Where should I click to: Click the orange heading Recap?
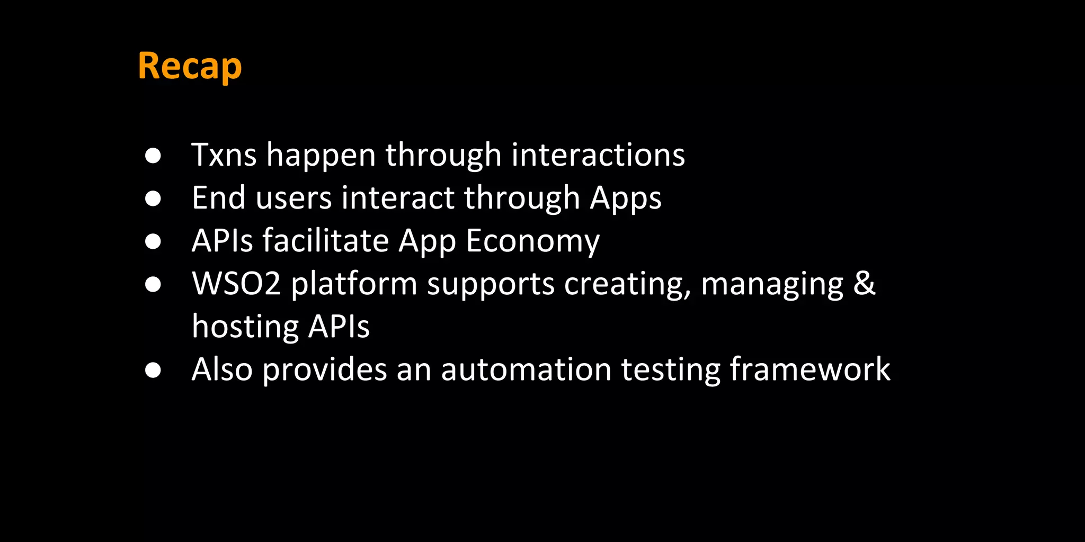coord(190,67)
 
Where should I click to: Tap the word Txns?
coord(224,155)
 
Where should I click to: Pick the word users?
coord(294,198)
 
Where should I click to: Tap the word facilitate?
coord(326,241)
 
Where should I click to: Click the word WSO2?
coord(236,284)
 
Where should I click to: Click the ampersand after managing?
coord(864,284)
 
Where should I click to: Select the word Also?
coord(222,369)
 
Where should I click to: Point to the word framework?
coord(810,369)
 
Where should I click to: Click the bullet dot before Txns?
coord(153,156)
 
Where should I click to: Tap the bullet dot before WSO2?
coord(153,284)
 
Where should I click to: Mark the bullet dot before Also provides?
coord(153,370)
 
